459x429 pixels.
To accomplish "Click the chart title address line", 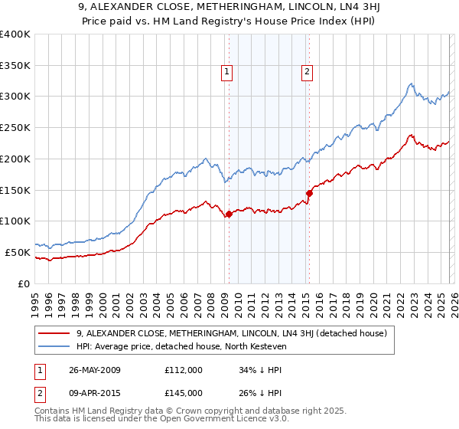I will coord(229,8).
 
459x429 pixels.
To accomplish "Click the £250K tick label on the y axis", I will coord(15,127).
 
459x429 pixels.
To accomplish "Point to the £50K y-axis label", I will coord(18,252).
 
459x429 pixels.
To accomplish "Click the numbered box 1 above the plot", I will coord(227,73).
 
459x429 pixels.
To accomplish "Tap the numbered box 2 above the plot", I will coord(307,73).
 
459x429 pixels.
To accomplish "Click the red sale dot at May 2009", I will coord(229,214).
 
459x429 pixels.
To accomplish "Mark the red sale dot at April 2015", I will coord(309,193).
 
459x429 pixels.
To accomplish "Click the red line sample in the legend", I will coord(54,333).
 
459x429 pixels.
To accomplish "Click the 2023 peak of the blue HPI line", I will coord(411,84).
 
